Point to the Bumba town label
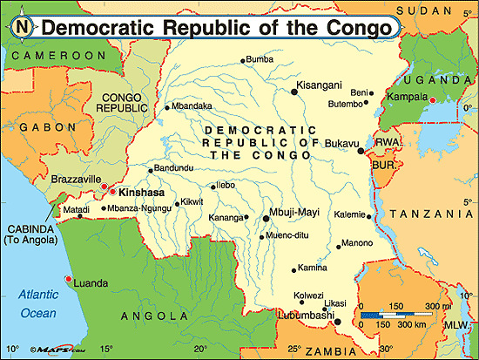point(260,59)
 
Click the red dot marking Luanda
point(68,279)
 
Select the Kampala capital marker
point(432,101)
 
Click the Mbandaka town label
point(192,106)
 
